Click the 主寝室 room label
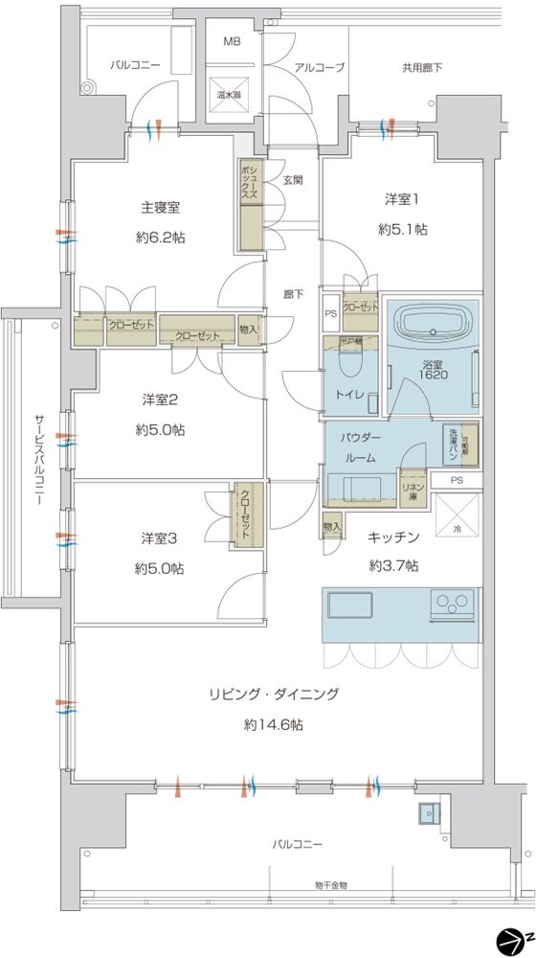[161, 206]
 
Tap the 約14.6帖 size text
[274, 725]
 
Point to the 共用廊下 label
[421, 67]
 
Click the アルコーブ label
[319, 67]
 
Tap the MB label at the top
[232, 42]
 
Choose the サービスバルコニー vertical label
[39, 460]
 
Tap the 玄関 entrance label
[293, 179]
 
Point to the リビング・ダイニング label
[274, 695]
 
